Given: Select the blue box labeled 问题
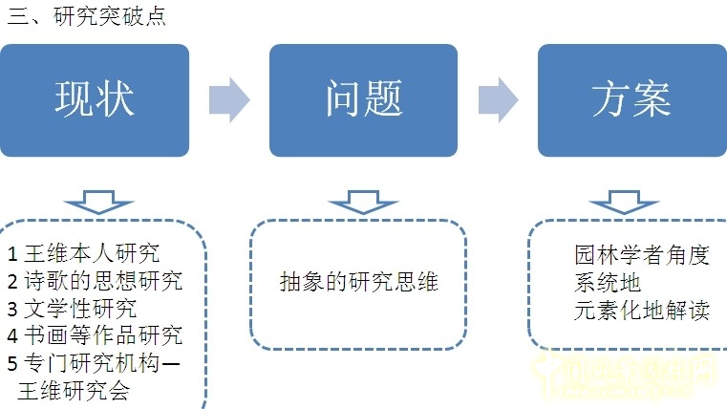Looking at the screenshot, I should (363, 99).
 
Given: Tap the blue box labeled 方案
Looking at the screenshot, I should (631, 99).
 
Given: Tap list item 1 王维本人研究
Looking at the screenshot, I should (84, 253).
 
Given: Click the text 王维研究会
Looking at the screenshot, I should (74, 391).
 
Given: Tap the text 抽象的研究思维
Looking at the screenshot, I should (359, 282).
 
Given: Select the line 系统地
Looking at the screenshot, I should (608, 282).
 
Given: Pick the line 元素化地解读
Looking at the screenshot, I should (642, 310).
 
